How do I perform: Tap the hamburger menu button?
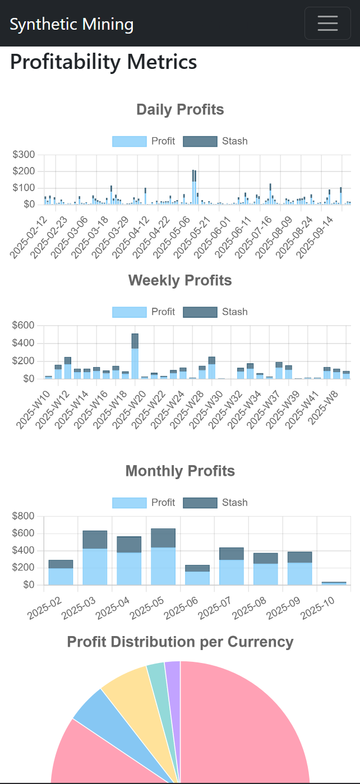pos(327,24)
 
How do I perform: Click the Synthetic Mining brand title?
pos(72,25)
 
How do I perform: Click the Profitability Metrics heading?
pos(104,62)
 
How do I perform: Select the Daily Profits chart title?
pos(180,110)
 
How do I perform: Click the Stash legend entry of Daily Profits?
pos(215,141)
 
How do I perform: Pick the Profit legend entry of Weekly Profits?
pos(144,312)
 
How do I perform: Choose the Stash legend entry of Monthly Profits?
pos(215,503)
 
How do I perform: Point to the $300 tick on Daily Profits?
pos(24,155)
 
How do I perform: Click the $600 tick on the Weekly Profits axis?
pos(24,326)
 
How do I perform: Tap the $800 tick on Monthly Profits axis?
pos(24,516)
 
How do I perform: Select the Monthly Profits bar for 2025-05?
pos(163,558)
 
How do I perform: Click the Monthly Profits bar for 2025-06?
pos(197,575)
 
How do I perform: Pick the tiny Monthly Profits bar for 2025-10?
pos(334,583)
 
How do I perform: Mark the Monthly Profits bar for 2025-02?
pos(61,572)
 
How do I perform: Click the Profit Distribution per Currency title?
pos(180,642)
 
